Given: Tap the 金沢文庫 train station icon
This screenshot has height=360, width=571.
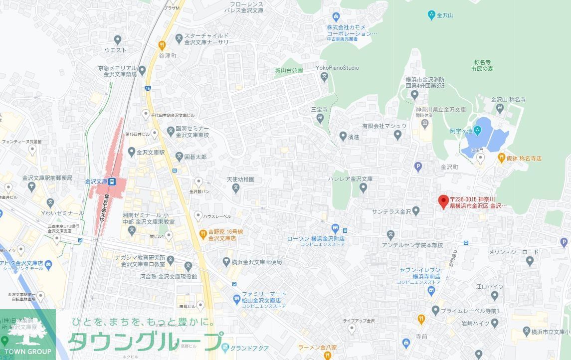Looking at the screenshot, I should pos(113,181).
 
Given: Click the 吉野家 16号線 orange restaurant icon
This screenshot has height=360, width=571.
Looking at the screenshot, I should pos(203,233).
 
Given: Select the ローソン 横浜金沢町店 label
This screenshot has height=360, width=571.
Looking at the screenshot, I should pos(316,239).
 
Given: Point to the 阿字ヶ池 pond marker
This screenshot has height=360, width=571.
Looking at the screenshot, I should pos(477,131).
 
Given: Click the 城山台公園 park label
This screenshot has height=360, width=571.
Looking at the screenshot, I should pos(289,70).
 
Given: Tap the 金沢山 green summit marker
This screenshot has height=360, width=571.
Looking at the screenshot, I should pos(431,15).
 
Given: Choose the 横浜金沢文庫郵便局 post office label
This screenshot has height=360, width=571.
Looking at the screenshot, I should pos(256,262).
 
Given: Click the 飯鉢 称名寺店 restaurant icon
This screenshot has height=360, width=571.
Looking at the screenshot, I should pos(502,158).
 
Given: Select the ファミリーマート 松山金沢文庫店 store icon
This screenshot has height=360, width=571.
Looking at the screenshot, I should pos(237,299).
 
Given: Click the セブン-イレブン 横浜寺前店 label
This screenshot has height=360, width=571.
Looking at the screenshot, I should pos(419,273).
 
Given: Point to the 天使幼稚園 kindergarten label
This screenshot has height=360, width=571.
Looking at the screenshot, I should pos(240,179).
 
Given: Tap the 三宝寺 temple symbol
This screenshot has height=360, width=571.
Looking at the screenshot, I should pos(320,118).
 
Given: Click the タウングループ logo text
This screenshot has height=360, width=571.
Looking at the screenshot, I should pos(145,341).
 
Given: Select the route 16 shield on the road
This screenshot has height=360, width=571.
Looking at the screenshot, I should pos(148,88).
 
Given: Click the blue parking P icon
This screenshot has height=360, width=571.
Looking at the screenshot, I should pos(418,166).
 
